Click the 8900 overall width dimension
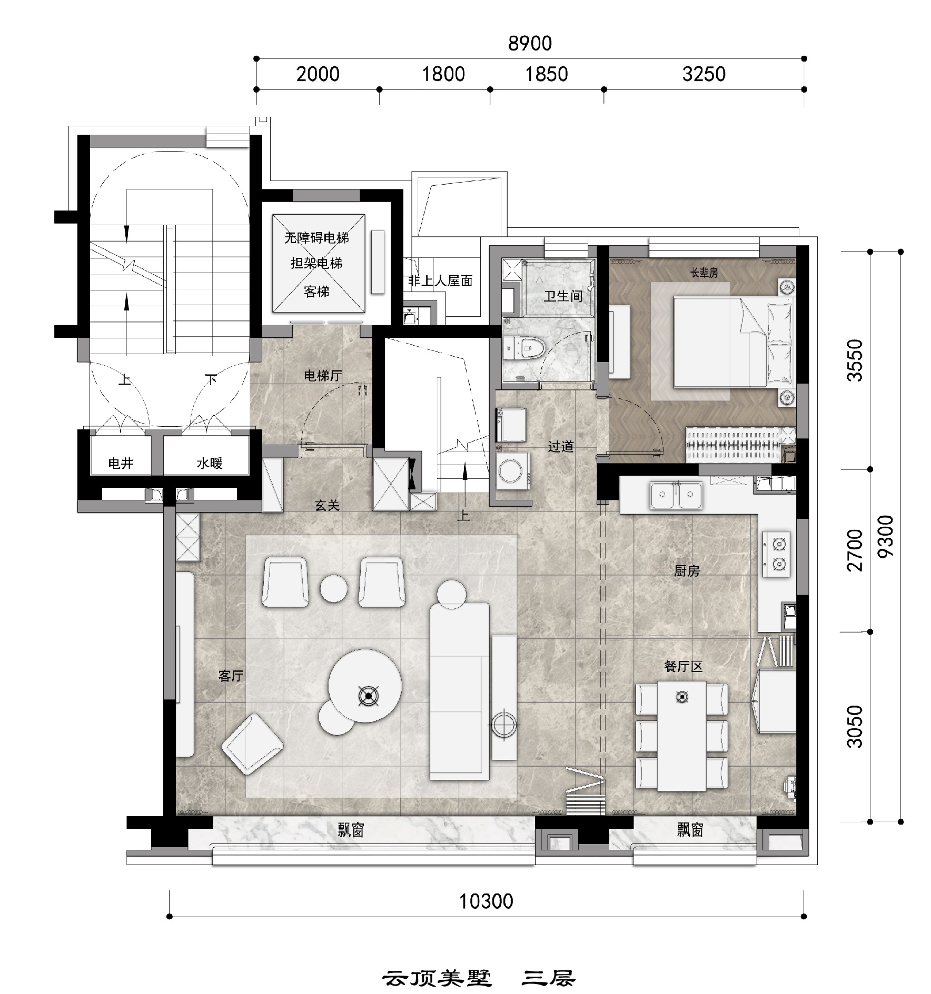(x=530, y=43)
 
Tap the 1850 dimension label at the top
(x=547, y=74)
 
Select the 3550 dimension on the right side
(x=855, y=360)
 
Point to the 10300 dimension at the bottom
(x=486, y=901)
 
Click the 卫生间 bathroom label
(x=563, y=296)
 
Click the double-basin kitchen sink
(x=676, y=495)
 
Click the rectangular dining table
(x=682, y=736)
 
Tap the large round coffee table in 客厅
(x=365, y=686)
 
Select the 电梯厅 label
(x=323, y=376)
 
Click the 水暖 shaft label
(x=210, y=464)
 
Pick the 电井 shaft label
(x=121, y=464)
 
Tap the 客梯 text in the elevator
(x=316, y=291)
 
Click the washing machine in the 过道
(x=513, y=471)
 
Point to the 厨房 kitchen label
(x=687, y=571)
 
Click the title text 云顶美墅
(x=437, y=979)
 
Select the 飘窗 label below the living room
(x=351, y=830)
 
